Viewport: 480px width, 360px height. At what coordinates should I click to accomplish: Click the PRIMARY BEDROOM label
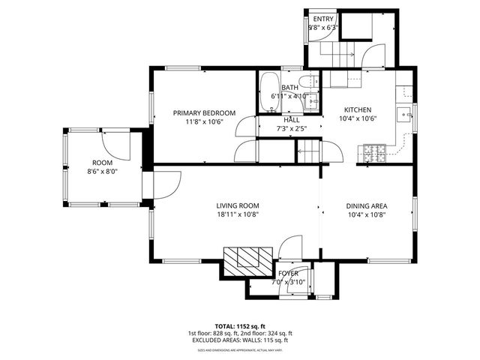tap(204, 113)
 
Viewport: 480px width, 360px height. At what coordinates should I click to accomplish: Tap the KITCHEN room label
tap(358, 109)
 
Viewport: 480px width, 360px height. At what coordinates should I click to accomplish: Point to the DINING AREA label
tap(367, 205)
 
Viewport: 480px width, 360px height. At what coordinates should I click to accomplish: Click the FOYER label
tap(288, 274)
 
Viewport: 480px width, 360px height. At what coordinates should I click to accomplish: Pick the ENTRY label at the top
tap(323, 19)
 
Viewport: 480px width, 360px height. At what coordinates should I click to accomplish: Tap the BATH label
tap(290, 88)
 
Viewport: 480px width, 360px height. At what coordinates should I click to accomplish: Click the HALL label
tap(292, 120)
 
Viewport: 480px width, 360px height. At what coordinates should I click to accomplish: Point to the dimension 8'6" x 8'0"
tap(102, 171)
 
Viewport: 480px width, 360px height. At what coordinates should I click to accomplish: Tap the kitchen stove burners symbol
tap(374, 154)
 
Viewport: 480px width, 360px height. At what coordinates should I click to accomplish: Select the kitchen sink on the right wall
tap(405, 115)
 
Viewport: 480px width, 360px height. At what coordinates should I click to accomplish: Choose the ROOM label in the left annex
tap(102, 163)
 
